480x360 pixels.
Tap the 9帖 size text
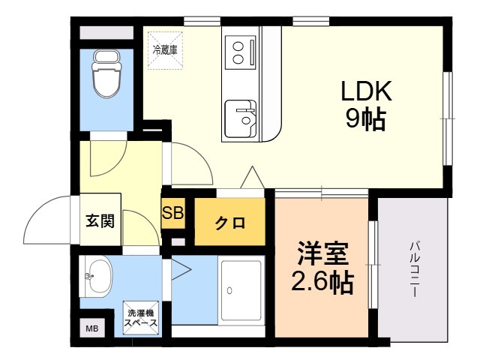tap(366, 118)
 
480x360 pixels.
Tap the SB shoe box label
tap(172, 212)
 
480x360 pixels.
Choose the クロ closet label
tap(230, 223)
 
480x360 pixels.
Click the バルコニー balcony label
tap(413, 270)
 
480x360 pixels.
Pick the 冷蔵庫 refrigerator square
tap(165, 50)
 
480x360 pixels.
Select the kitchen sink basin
tap(240, 116)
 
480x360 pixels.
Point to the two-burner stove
tap(239, 53)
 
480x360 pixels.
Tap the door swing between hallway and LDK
tap(190, 164)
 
